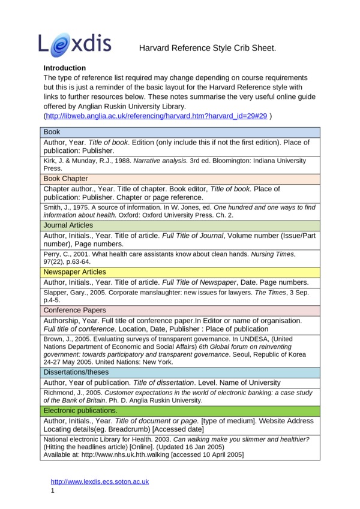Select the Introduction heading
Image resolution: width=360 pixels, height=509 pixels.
coord(65,68)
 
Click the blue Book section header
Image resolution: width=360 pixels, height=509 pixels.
coord(52,131)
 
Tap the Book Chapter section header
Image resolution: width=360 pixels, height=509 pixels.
coord(66,179)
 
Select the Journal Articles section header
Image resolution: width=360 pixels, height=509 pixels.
coord(68,225)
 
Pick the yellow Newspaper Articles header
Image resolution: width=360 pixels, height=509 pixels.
coord(74,272)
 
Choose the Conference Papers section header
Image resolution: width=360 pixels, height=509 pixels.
coord(74,310)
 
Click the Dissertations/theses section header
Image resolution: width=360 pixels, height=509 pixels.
coord(77,372)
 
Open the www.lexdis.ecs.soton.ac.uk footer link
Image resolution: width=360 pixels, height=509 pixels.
coord(100,481)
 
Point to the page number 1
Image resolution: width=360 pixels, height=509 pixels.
coord(53,490)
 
